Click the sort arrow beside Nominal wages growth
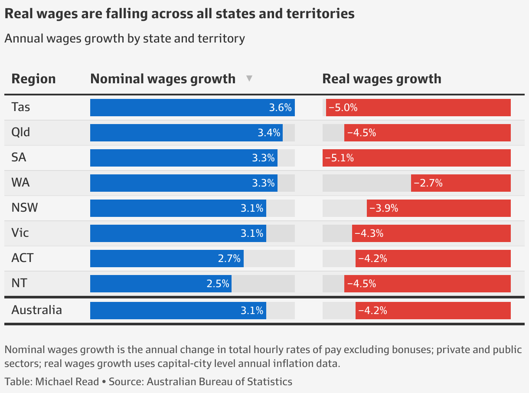[249, 79]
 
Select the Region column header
[33, 79]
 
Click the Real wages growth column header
[382, 79]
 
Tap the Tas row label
[20, 107]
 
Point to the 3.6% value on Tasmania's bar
[280, 108]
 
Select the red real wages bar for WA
[460, 183]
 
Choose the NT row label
[19, 283]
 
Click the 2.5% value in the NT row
[218, 284]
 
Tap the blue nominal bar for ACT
[167, 259]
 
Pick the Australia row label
[36, 310]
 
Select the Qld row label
[21, 132]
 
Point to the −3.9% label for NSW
[384, 208]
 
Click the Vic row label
[20, 233]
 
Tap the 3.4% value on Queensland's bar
[269, 133]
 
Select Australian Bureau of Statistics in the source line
[219, 382]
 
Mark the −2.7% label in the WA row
[428, 183]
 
